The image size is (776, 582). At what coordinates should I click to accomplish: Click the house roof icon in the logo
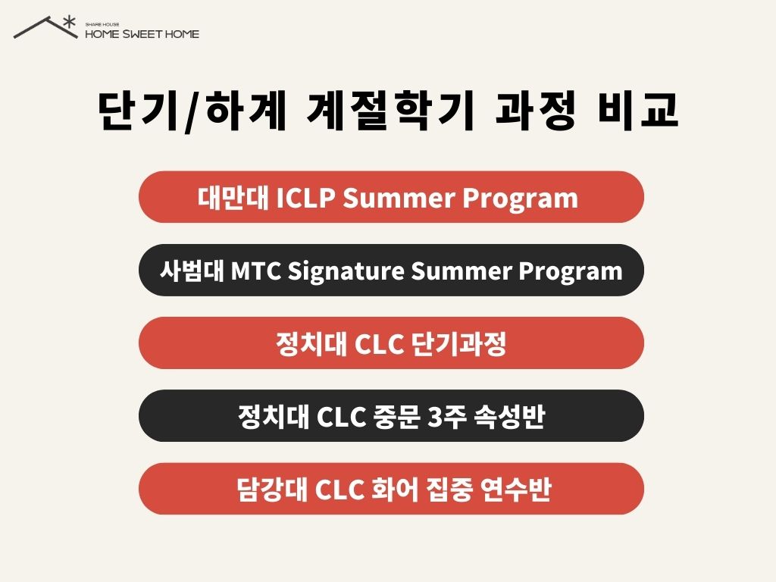pyautogui.click(x=45, y=28)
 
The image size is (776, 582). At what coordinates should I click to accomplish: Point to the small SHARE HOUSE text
pyautogui.click(x=102, y=24)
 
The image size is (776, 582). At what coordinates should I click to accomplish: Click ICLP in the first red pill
pyautogui.click(x=305, y=198)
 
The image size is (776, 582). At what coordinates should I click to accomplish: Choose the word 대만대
pyautogui.click(x=233, y=198)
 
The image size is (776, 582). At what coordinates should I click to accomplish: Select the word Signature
pyautogui.click(x=346, y=272)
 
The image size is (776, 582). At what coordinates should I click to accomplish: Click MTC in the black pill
pyautogui.click(x=256, y=271)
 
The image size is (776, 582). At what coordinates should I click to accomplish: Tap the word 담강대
pyautogui.click(x=272, y=490)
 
